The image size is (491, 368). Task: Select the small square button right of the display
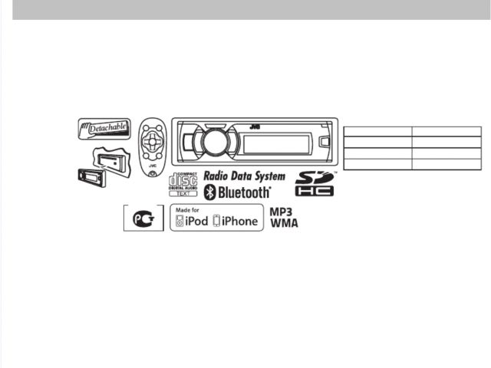tap(325, 140)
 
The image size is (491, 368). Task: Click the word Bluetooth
tap(245, 192)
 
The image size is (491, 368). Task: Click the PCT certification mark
tap(143, 219)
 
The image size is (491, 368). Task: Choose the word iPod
tap(196, 222)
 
